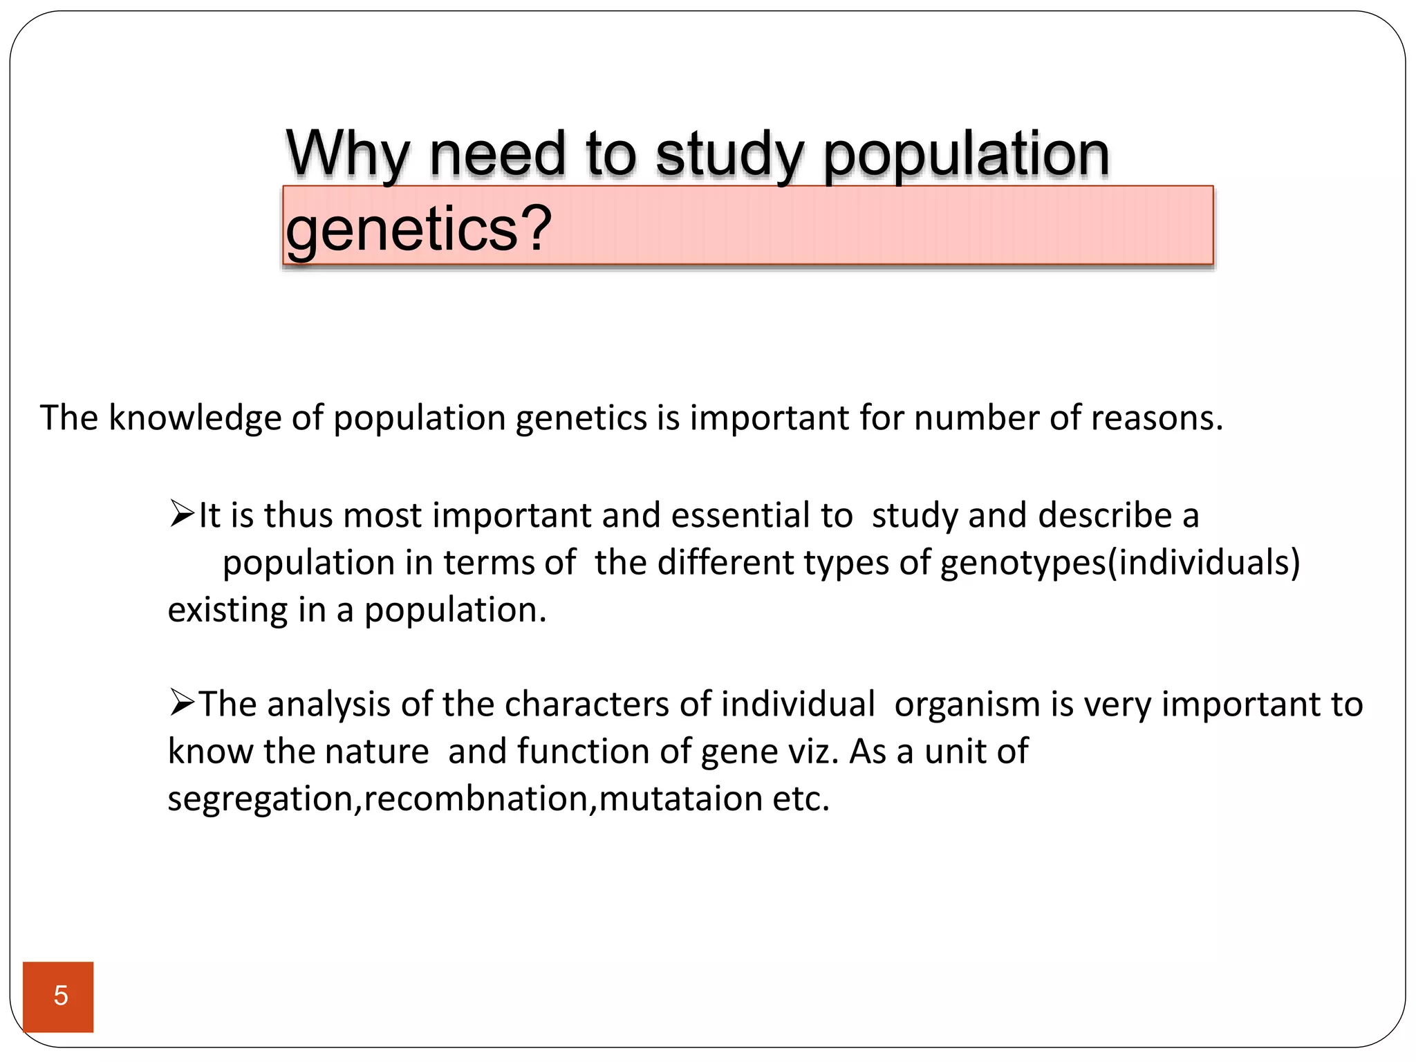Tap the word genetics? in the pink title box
point(418,229)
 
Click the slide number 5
point(60,996)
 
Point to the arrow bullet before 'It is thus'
point(182,515)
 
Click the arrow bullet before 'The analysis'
point(182,704)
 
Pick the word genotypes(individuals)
point(1120,563)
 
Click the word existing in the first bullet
point(227,610)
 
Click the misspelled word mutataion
point(680,799)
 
